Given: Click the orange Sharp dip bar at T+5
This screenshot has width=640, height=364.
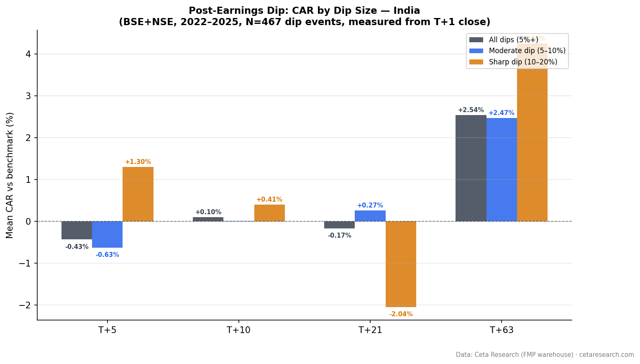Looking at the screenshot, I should coord(138,194).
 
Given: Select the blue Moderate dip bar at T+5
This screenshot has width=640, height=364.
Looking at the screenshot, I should coord(107,234).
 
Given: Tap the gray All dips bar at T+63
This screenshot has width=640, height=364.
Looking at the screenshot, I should coord(471,168).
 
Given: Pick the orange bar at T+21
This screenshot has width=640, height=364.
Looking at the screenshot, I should coord(401,264).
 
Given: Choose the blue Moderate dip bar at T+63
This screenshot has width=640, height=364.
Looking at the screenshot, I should coord(502,169).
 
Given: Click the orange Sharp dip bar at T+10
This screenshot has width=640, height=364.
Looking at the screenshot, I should coord(269,213).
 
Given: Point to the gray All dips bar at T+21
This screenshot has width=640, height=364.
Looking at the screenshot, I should coord(339,225).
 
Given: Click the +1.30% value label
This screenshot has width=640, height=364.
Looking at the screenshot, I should coord(138,162).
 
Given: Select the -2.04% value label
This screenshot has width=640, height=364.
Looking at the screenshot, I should coord(401,314).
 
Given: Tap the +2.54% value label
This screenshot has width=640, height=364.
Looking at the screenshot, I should coord(471,110).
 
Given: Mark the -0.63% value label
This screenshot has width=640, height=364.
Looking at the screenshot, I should coord(107,255).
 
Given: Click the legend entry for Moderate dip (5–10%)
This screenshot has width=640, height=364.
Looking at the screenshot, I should coord(527,51).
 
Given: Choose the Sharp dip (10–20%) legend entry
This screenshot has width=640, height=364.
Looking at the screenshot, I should coord(523,62).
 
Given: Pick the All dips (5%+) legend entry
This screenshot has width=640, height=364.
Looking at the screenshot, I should coord(513,40).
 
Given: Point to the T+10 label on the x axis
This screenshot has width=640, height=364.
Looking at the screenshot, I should coord(238,330).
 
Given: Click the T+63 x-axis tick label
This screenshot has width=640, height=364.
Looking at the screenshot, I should coord(502,330).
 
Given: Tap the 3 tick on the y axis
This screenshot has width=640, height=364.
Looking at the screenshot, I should coord(28,96).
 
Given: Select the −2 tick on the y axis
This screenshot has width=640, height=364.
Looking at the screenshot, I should coord(26,305).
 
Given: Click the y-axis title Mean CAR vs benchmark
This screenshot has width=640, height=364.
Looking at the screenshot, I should coord(10,175).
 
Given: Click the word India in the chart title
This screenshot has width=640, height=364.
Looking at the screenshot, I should coord(406,11).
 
